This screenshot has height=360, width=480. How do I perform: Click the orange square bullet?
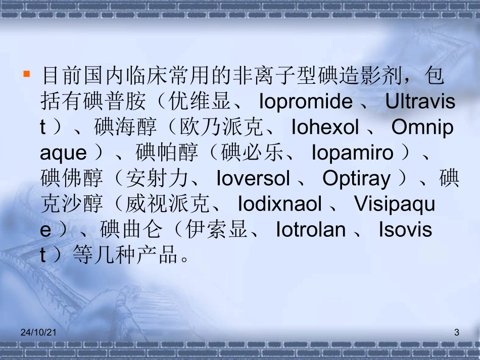coord(27,74)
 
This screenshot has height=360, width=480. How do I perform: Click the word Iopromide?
coord(306,102)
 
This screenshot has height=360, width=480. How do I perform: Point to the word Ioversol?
coord(253,179)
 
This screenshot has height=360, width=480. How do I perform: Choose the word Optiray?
coord(357,179)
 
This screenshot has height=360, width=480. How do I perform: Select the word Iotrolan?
coord(311,230)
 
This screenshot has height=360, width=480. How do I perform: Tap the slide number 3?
coord(457,332)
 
